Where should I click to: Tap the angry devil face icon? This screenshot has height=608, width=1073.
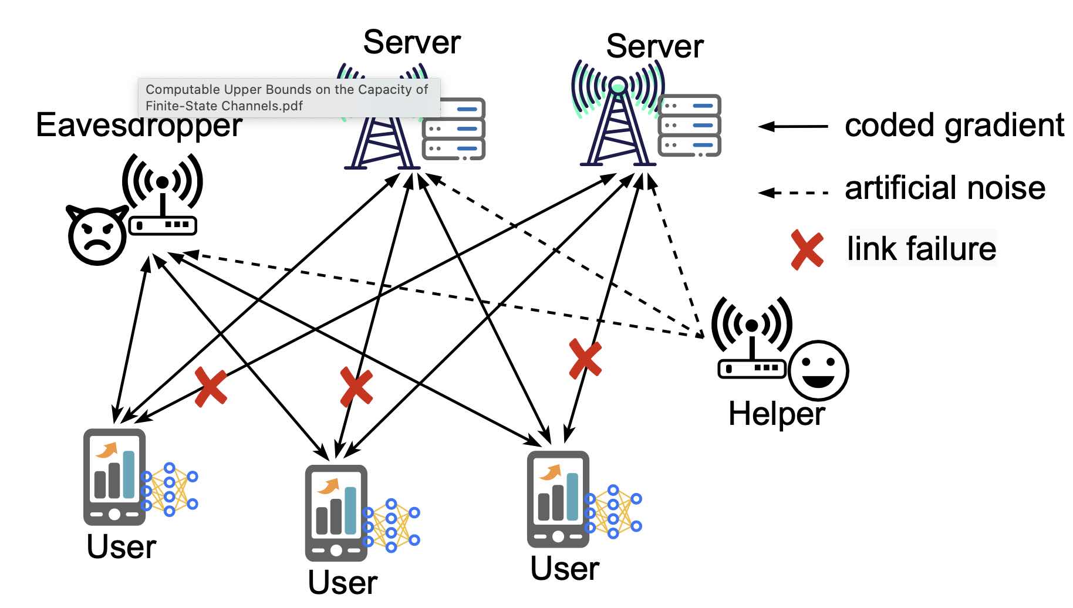[97, 235]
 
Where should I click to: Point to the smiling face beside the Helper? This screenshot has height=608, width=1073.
[818, 371]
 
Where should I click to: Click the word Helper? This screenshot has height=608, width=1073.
[776, 414]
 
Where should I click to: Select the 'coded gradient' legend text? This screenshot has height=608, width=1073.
[954, 126]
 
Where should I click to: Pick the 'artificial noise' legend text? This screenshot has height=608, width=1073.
[944, 188]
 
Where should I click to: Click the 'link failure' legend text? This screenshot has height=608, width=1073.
[921, 249]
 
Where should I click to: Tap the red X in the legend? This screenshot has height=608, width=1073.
[807, 250]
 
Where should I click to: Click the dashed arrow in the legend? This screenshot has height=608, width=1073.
[793, 192]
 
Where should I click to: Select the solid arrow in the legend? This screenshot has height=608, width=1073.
[793, 126]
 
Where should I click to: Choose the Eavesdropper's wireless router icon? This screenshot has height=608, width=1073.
[163, 197]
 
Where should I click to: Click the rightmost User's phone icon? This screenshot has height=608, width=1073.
[558, 499]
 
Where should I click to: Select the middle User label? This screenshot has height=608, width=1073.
[342, 582]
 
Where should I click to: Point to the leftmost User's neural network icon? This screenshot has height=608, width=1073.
[171, 489]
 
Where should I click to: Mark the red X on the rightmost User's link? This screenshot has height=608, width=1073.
[585, 359]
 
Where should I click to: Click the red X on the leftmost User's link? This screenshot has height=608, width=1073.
[210, 387]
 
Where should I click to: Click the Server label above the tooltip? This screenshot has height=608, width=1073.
[411, 43]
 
